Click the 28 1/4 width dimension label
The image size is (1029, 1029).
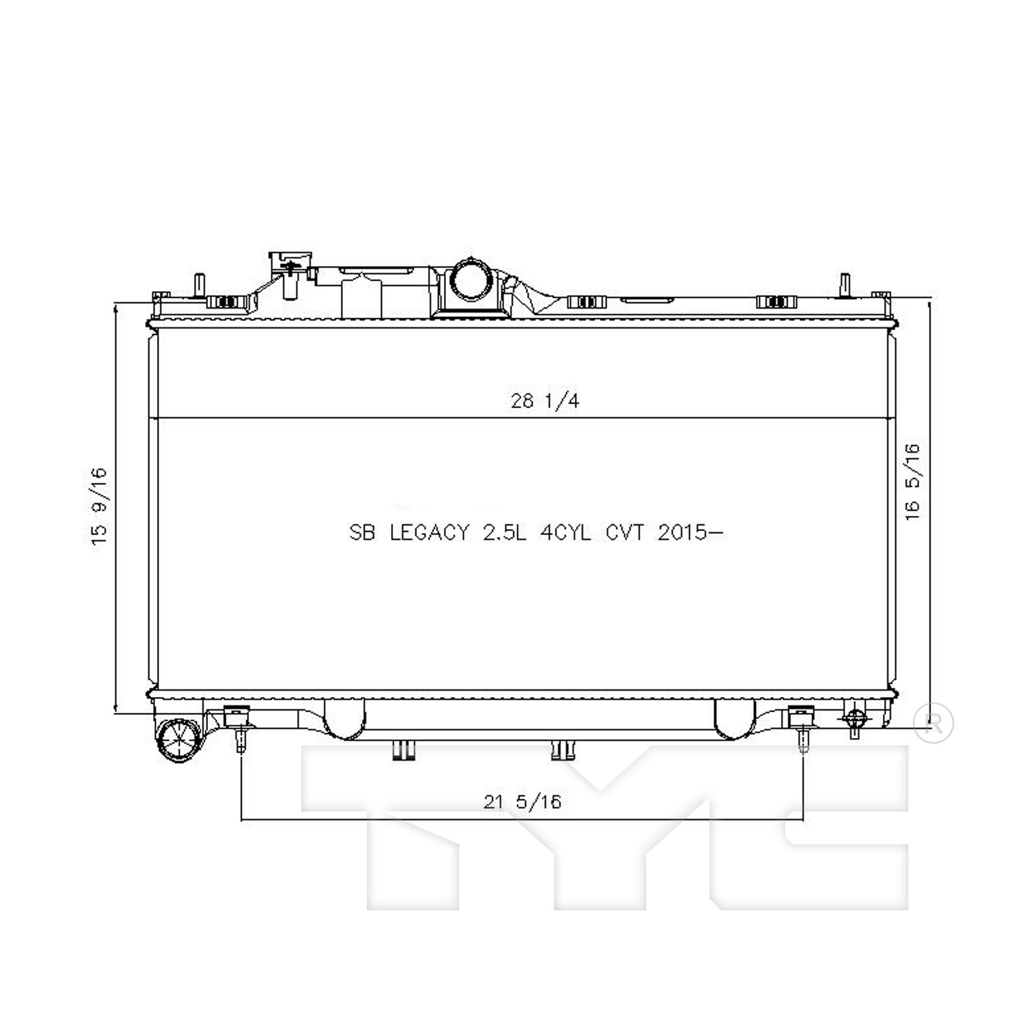[x=545, y=401]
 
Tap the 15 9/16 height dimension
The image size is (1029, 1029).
[x=99, y=506]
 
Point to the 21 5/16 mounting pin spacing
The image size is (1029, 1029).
[x=522, y=801]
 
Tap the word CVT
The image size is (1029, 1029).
[x=624, y=532]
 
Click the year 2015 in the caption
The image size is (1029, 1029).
[x=682, y=532]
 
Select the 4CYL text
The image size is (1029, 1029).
[x=565, y=532]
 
